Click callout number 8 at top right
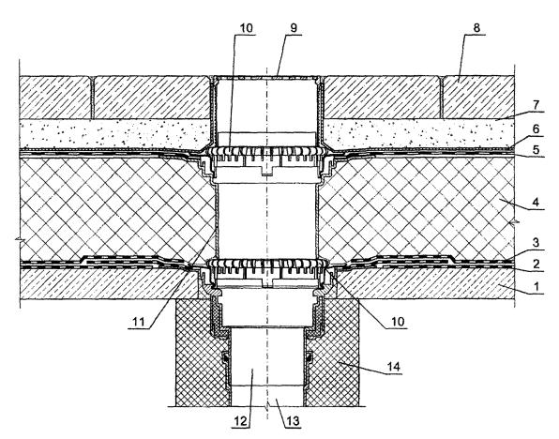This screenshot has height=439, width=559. (x=477, y=27)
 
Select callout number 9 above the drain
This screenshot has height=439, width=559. (x=294, y=28)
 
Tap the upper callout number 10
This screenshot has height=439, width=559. (x=246, y=28)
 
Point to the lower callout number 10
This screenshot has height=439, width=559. (x=398, y=322)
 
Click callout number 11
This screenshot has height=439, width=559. (x=138, y=322)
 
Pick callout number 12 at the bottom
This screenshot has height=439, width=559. (x=241, y=421)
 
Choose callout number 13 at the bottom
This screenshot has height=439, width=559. (x=292, y=421)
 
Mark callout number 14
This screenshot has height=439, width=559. (x=393, y=367)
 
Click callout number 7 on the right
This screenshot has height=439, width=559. (x=536, y=106)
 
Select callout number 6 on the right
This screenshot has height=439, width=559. (x=536, y=129)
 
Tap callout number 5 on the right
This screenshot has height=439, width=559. (x=536, y=149)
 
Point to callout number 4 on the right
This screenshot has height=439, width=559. (x=536, y=203)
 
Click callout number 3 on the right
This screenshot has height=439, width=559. (x=536, y=244)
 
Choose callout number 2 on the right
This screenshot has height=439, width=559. (x=536, y=265)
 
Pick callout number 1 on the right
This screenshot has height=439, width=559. (x=536, y=286)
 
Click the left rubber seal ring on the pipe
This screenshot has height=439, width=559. (x=226, y=357)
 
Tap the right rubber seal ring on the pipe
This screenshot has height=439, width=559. (x=310, y=357)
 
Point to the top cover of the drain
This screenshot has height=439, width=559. (x=266, y=77)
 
